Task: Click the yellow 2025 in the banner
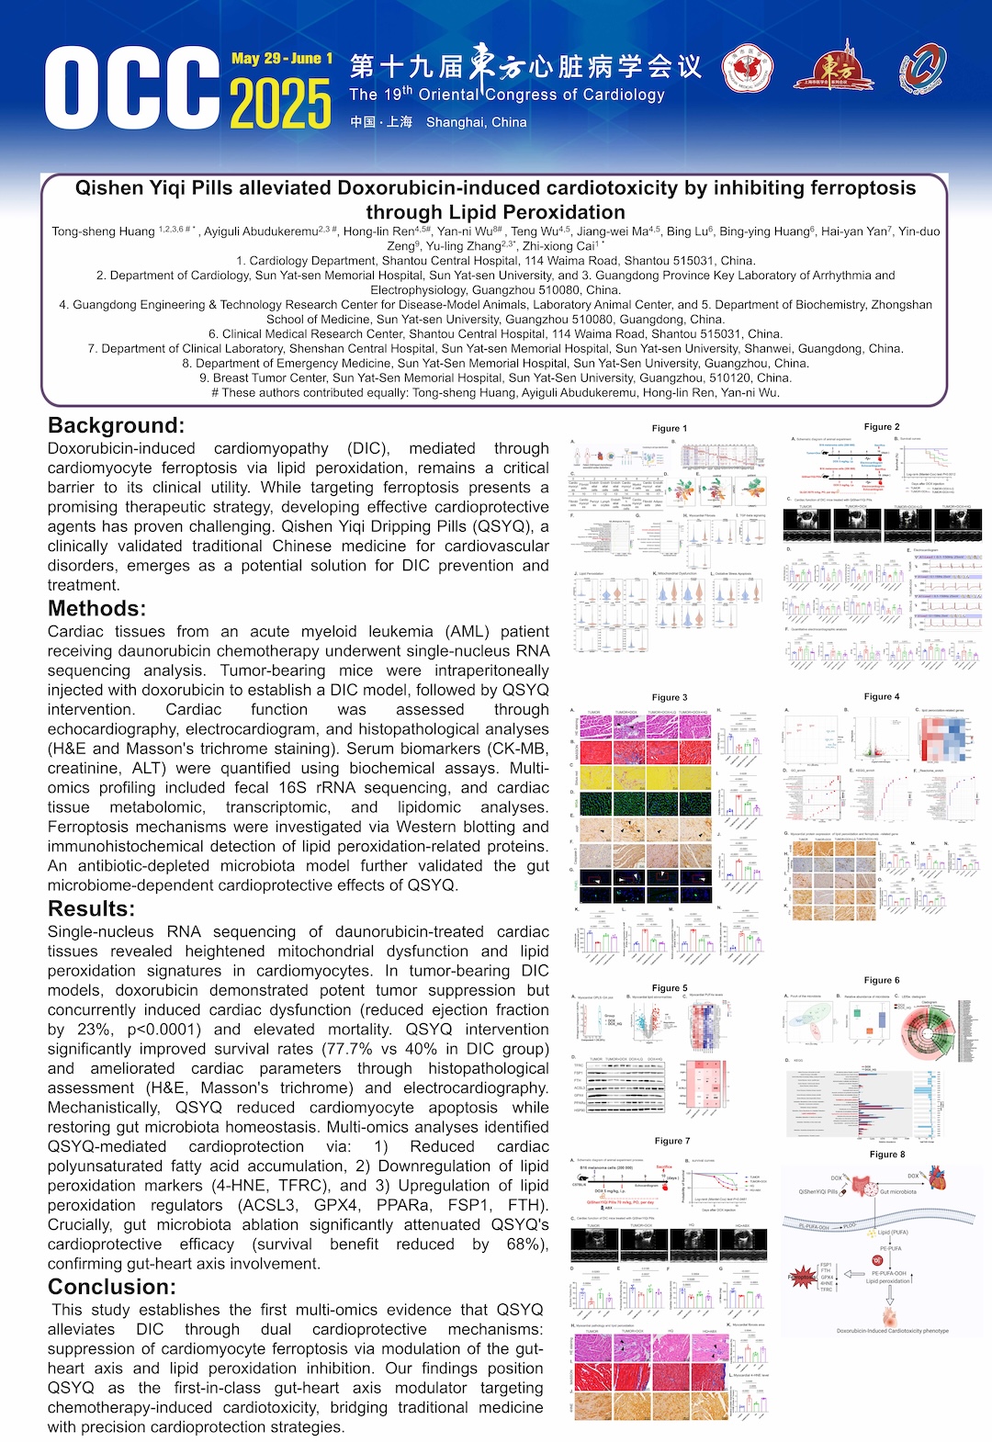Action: point(280,103)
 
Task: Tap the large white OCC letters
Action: point(133,88)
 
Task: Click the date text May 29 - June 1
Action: point(282,59)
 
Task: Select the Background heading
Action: point(116,425)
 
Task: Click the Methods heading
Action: point(96,608)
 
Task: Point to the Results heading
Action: point(91,908)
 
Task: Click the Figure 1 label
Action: point(669,428)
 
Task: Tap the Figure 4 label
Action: point(882,697)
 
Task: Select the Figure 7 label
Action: point(671,1141)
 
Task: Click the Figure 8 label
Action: point(887,1155)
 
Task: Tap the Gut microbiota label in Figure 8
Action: point(897,1192)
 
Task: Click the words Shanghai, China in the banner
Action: point(476,122)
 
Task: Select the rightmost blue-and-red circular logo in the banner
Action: point(922,70)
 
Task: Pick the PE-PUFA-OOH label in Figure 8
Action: point(888,1273)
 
